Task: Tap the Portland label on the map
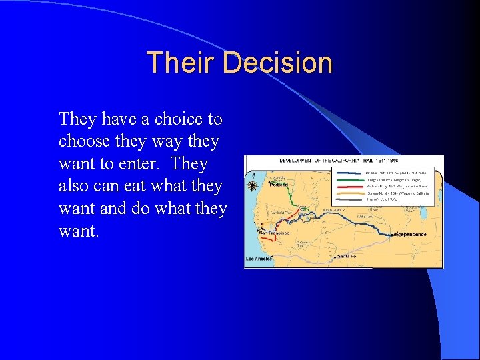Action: [x=279, y=186]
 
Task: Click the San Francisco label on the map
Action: [x=273, y=233]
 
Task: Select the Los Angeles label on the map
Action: [x=259, y=258]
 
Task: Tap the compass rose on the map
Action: [x=253, y=186]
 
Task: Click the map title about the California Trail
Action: [x=343, y=161]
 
